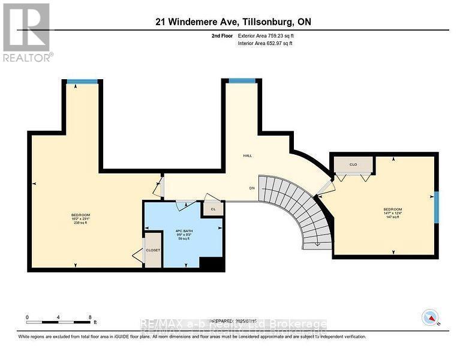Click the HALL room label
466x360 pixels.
[247, 155]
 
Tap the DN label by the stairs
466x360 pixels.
[252, 187]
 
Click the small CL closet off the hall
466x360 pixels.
[212, 209]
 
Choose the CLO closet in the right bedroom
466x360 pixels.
[353, 164]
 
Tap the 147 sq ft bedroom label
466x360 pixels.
[392, 213]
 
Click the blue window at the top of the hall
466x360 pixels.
[241, 80]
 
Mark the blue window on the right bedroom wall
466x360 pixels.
[437, 206]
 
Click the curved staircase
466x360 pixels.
[300, 210]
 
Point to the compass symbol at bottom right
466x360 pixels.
[431, 316]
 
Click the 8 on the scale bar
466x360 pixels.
[89, 316]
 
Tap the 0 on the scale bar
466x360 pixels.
[27, 316]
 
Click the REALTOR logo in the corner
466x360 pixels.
[27, 32]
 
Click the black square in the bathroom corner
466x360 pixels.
[211, 263]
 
